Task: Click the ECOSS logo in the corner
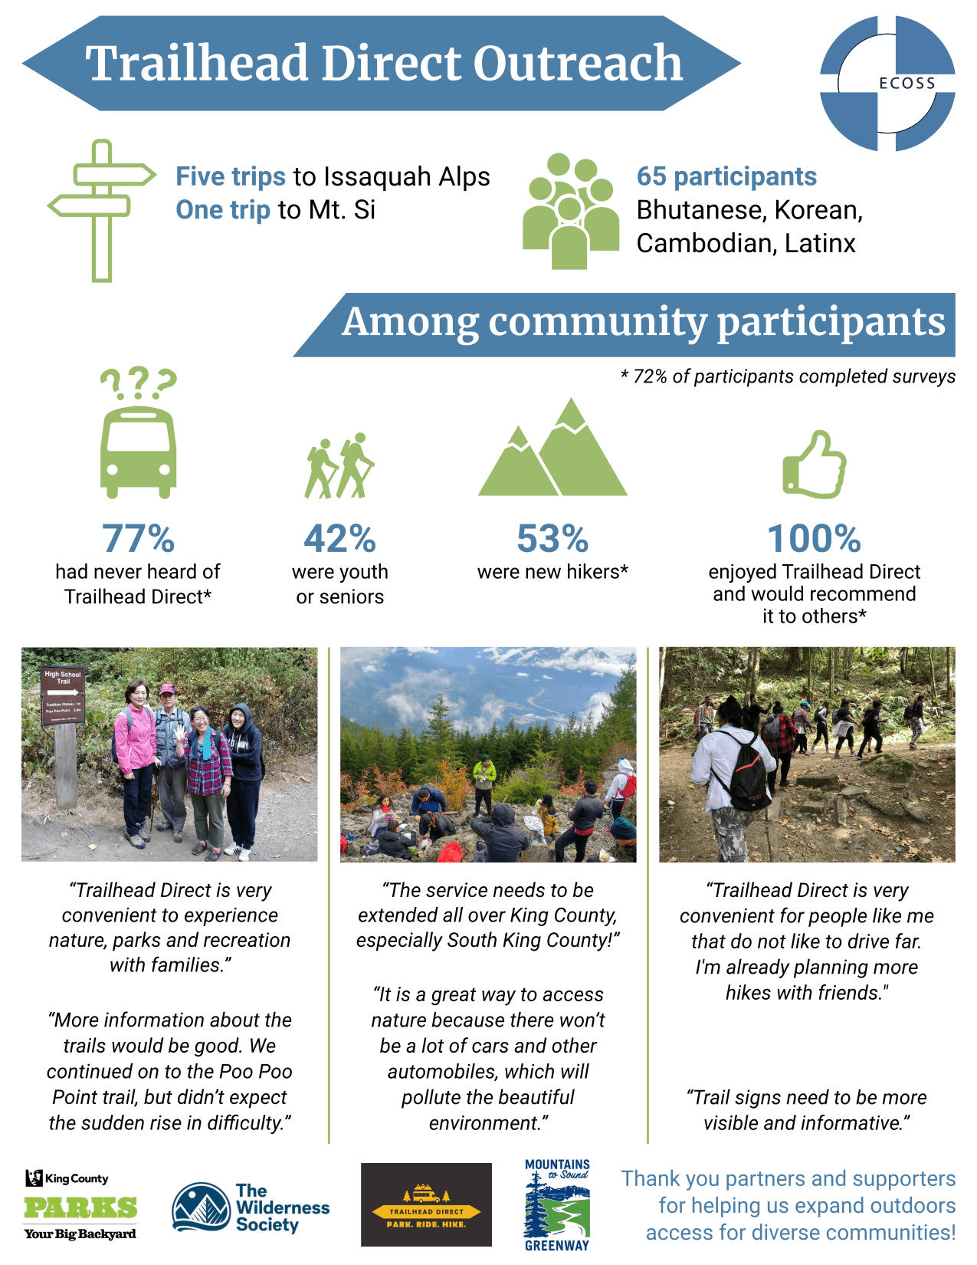[887, 84]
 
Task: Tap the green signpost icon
[102, 211]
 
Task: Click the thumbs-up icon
[814, 464]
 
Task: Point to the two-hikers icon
[339, 465]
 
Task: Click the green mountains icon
[552, 446]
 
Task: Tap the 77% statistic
[139, 538]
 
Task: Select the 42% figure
[339, 538]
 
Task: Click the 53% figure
[552, 538]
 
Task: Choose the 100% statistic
[814, 538]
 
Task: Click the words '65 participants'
[726, 176]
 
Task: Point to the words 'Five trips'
[231, 176]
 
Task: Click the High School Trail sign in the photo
[63, 695]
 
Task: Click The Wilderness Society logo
[251, 1207]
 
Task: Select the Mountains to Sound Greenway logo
[557, 1204]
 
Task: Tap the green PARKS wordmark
[80, 1208]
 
